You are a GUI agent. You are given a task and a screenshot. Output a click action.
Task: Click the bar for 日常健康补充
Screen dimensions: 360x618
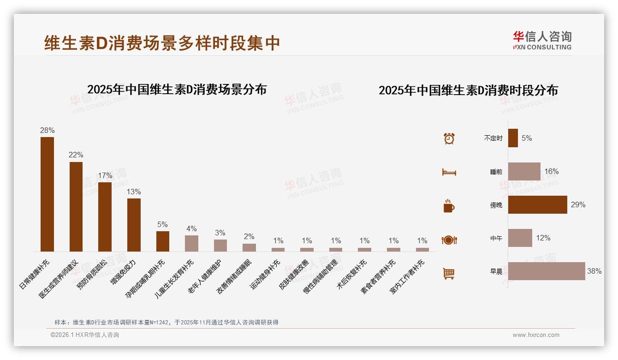(x=47, y=194)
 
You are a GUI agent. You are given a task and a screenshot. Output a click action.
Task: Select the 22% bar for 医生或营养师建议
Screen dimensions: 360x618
(x=76, y=206)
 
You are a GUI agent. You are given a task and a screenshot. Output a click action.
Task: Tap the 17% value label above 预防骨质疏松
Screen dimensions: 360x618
(x=105, y=176)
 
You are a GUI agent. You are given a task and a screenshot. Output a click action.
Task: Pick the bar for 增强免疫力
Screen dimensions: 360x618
(x=134, y=225)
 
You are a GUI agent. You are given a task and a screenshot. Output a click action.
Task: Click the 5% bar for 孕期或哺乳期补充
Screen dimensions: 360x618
(x=163, y=241)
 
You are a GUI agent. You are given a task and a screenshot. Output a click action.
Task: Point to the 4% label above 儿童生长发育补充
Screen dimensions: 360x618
(x=191, y=228)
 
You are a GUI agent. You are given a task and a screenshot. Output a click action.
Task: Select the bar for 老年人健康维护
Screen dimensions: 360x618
(x=220, y=245)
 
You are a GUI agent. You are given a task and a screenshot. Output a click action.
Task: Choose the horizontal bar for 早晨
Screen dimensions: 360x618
(x=547, y=271)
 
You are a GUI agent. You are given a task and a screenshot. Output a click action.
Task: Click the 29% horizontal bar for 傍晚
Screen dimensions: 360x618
(x=538, y=204)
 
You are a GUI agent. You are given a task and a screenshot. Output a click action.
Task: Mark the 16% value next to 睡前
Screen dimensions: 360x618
(x=552, y=171)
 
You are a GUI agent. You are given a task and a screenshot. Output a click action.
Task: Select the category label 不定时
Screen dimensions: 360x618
(x=493, y=138)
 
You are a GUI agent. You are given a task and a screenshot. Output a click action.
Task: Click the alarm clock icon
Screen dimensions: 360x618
(x=449, y=138)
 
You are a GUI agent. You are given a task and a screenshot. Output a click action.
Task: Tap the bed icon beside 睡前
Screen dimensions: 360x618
(x=449, y=172)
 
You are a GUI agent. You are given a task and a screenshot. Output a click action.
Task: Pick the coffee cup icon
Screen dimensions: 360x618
(x=449, y=206)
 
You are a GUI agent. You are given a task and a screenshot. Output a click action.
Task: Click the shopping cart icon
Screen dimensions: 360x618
(x=449, y=273)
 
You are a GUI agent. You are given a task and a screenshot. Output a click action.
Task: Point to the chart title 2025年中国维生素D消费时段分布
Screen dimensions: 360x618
(x=468, y=90)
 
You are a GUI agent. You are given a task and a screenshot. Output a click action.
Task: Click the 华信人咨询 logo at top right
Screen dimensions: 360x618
(x=542, y=40)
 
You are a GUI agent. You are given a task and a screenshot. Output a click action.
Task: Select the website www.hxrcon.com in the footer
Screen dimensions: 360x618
(x=536, y=335)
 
